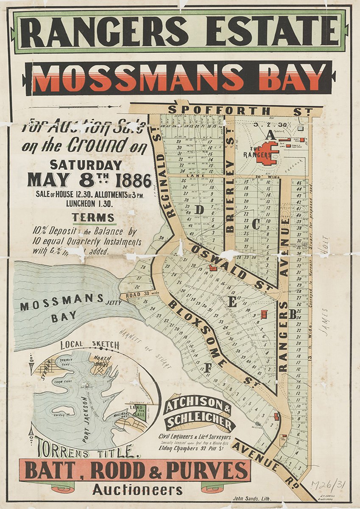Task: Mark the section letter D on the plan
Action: point(199,210)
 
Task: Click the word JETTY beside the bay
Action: point(114,302)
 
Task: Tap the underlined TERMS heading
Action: point(93,218)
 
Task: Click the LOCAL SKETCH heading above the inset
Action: point(90,345)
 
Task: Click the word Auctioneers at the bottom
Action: point(138,490)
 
